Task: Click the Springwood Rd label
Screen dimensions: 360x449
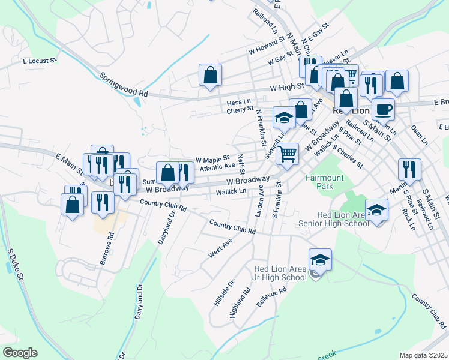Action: pyautogui.click(x=124, y=85)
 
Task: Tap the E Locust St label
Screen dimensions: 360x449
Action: pyautogui.click(x=40, y=61)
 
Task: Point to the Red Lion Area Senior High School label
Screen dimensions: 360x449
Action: pyautogui.click(x=334, y=220)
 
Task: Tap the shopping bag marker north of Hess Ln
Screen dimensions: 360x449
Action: pyautogui.click(x=211, y=74)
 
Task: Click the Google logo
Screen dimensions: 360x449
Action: pyautogui.click(x=20, y=353)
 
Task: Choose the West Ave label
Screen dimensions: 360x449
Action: pyautogui.click(x=220, y=246)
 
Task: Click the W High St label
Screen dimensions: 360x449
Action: pyautogui.click(x=286, y=88)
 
